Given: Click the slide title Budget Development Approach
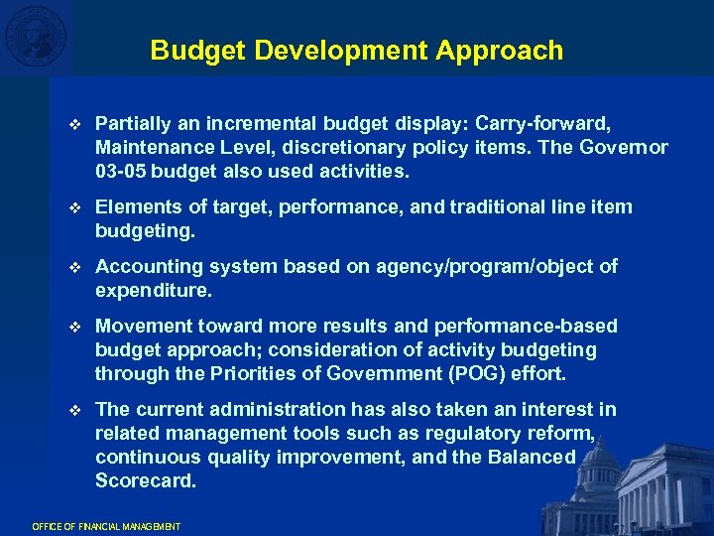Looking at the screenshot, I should tap(357, 51).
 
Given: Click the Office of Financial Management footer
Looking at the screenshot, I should tap(106, 526).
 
